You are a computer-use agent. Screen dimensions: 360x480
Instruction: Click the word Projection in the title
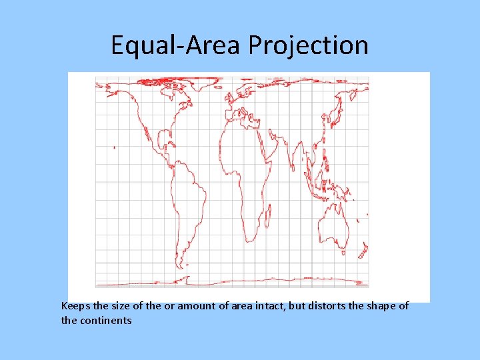pyautogui.click(x=308, y=45)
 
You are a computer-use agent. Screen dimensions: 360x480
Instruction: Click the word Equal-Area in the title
pyautogui.click(x=177, y=45)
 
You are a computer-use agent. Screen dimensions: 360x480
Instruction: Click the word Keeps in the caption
pyautogui.click(x=75, y=306)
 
